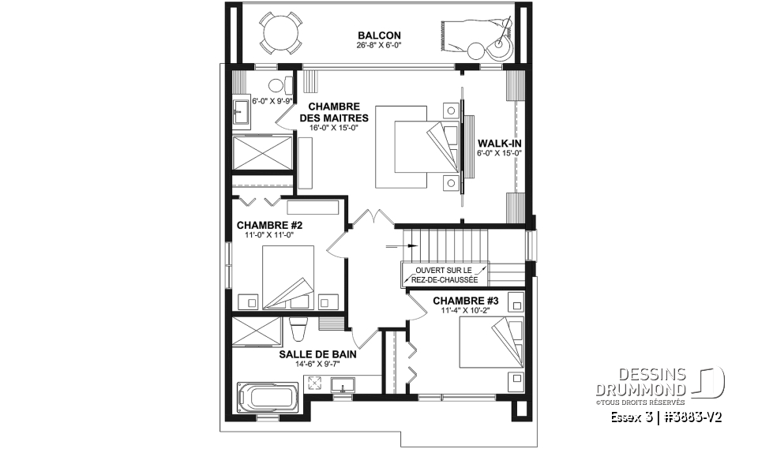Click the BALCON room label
379,36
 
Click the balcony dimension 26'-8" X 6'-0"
379,46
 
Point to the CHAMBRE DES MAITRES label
334,112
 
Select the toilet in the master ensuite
276,86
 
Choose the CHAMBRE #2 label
269,225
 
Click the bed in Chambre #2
287,281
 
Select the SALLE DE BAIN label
316,355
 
